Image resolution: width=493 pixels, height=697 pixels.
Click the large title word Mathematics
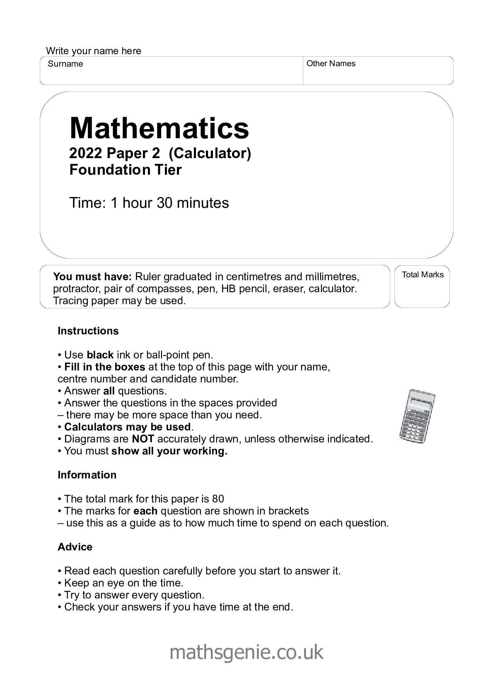point(159,128)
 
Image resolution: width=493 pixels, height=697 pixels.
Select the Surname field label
point(65,64)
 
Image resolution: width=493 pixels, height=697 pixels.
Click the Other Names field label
point(331,63)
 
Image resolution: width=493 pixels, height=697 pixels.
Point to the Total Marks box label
point(423,275)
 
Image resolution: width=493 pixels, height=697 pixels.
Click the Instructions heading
point(88,331)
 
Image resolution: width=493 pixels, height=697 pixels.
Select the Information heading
point(87,475)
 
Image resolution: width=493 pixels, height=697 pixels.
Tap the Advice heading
point(75,547)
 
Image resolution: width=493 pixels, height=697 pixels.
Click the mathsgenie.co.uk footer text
point(246,652)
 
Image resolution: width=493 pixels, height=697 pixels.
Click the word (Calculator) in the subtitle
point(210,154)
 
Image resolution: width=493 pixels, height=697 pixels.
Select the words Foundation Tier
point(126,170)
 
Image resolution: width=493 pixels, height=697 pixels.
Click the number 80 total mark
point(218,499)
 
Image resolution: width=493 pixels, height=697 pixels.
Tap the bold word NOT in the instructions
point(143,439)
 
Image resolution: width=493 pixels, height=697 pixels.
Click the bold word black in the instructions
point(100,355)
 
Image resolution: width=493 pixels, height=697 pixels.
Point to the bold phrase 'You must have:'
point(92,276)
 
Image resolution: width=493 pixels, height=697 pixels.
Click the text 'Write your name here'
point(94,51)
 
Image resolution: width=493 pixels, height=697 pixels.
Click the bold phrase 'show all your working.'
point(169,451)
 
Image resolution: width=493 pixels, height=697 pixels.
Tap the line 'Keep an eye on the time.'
point(123,583)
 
